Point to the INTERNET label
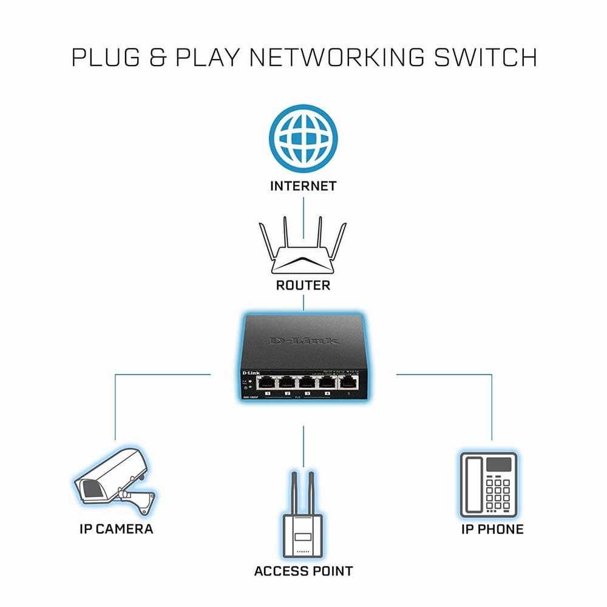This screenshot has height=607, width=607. click(303, 186)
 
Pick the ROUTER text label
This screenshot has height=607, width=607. click(303, 285)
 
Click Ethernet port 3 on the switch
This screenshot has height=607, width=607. click(307, 382)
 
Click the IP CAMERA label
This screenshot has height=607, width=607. click(117, 529)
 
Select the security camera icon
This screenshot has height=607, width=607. click(112, 486)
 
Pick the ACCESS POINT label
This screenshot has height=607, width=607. click(303, 571)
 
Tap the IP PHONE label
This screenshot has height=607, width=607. click(492, 529)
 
